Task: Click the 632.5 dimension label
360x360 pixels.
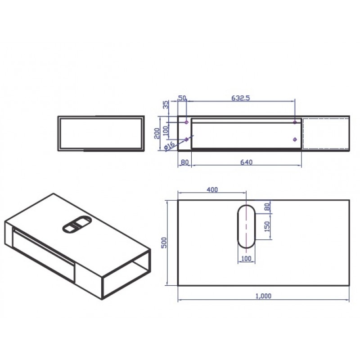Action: coord(240,98)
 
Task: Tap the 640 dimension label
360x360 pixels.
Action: coord(246,162)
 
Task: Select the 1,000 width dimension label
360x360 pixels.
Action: coord(263,296)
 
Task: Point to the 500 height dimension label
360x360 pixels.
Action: coord(164,243)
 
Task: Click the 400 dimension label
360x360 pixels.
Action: coord(212,189)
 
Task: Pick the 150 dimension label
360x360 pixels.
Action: coord(267,226)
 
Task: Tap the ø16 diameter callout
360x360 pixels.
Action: coord(170,146)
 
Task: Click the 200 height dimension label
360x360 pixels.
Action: coord(157,133)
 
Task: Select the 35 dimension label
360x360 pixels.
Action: coord(166,104)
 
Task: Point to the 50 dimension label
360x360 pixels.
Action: coord(182,98)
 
